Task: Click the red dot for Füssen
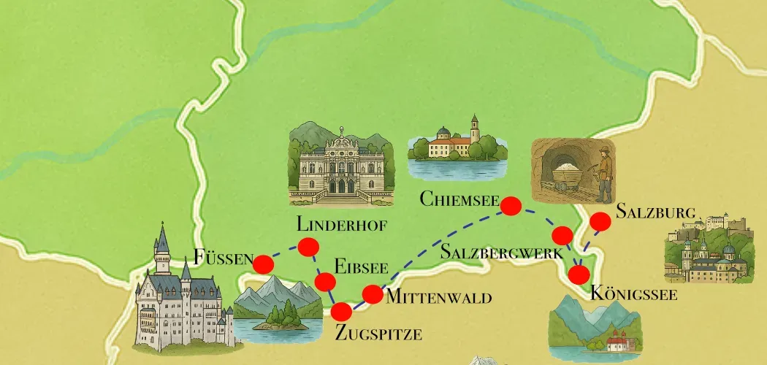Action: (263, 264)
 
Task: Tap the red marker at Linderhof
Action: (308, 247)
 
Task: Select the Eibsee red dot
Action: (325, 282)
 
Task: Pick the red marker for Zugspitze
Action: (341, 312)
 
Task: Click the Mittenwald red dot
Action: (373, 294)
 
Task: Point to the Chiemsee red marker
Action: (511, 206)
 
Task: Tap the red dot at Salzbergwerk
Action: (562, 235)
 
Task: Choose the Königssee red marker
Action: (579, 275)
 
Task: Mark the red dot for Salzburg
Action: (600, 220)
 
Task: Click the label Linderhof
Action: (341, 223)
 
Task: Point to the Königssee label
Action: (633, 295)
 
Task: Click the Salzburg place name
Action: (655, 212)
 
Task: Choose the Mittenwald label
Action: (438, 297)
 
